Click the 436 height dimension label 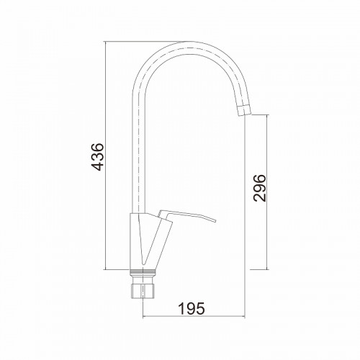pos(99,157)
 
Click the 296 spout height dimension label pos(260,188)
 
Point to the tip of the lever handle pos(215,220)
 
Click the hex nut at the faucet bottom pos(143,291)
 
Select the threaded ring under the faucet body pos(143,272)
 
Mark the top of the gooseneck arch pos(189,42)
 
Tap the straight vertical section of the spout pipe pos(139,149)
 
